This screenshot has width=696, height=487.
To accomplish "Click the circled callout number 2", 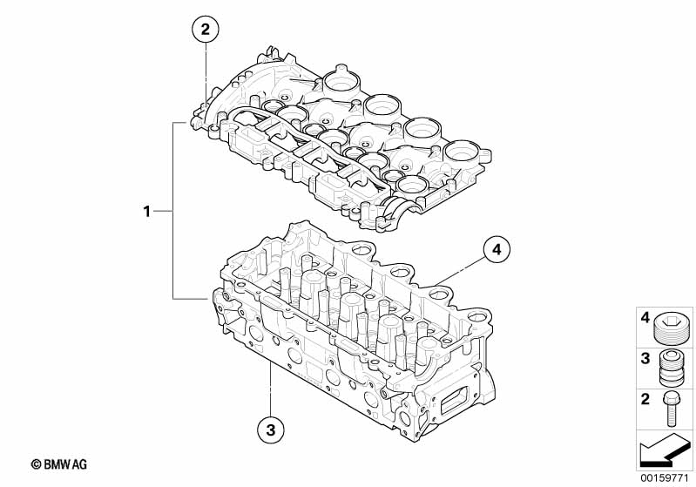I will click(206, 30).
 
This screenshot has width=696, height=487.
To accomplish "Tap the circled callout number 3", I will click(271, 428).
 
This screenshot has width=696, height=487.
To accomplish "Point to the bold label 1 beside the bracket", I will click(147, 211).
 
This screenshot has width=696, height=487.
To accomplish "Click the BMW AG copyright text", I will click(59, 465).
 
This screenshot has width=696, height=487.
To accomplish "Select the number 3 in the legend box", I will click(645, 358).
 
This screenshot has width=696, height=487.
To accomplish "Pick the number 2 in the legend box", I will click(645, 400).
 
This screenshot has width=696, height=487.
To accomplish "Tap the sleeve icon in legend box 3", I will click(672, 369).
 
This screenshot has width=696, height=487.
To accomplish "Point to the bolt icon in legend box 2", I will click(672, 408).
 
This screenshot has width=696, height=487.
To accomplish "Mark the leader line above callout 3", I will click(271, 388).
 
